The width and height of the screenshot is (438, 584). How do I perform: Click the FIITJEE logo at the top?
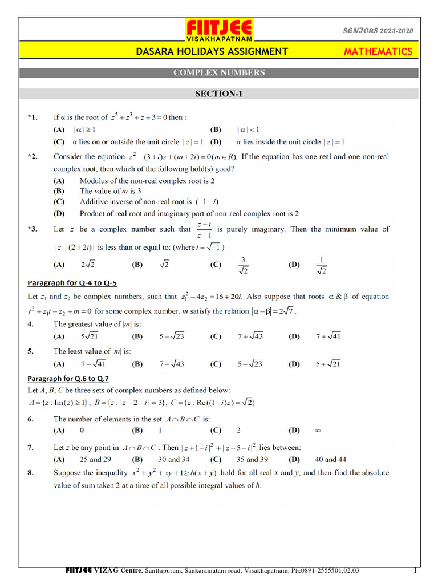(220, 30)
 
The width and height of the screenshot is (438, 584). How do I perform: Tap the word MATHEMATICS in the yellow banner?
(378, 51)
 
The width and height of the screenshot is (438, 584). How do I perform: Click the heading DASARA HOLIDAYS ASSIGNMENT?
(212, 51)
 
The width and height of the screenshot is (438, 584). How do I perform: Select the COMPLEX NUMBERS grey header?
(219, 73)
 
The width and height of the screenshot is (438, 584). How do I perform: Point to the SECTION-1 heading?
(219, 94)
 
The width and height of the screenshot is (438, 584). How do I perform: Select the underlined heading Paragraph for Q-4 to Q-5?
(72, 282)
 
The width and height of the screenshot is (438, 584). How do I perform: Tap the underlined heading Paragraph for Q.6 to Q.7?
(68, 378)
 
